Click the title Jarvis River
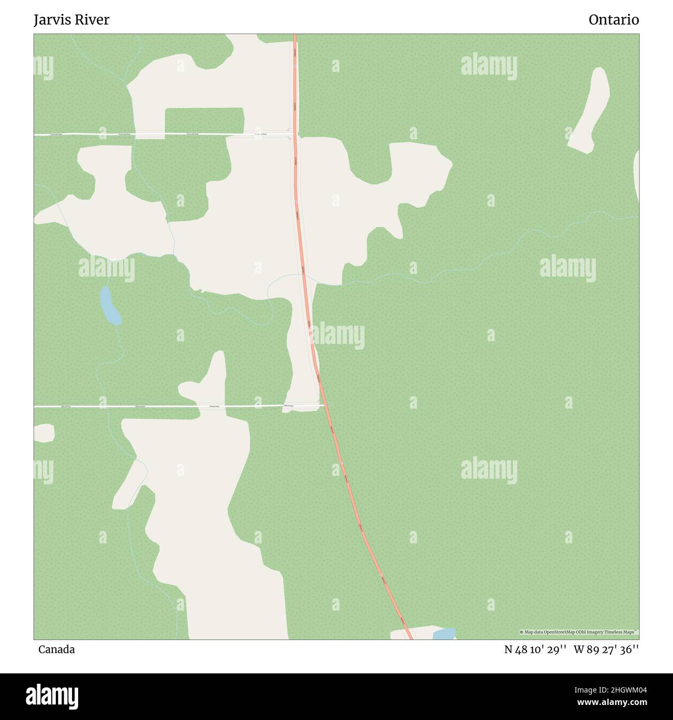71,20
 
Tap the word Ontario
613,20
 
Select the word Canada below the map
56,650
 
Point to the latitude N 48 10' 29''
535,650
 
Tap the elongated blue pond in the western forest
110,306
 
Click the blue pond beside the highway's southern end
444,633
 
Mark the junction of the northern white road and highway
295,134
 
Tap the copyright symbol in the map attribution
521,632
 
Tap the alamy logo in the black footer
52,696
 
